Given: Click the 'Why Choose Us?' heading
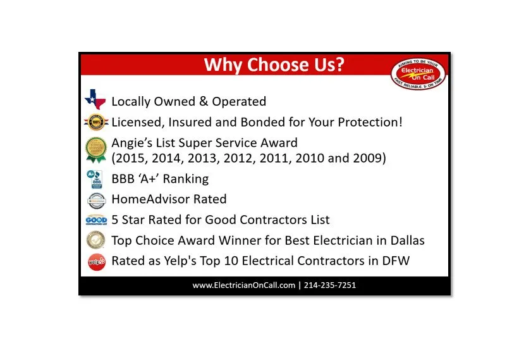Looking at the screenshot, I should coord(274,65).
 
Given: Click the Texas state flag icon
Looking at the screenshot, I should coord(95,100).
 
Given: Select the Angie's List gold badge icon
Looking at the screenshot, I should coord(96,150).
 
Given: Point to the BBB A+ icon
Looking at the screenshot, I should coord(95,179).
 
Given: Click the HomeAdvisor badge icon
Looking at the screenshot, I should coord(95,200).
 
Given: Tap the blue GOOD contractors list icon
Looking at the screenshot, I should coord(95,220).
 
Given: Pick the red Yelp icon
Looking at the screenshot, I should coord(95,261).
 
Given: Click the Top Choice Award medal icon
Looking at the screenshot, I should coord(95,240).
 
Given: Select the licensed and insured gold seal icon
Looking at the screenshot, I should coord(95,121).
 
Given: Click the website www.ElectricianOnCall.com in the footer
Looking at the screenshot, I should coord(244,285).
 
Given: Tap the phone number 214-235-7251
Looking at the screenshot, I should coord(330,285).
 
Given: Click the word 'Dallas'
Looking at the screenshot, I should coord(405,240).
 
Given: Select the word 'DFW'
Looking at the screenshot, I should coord(394,261).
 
